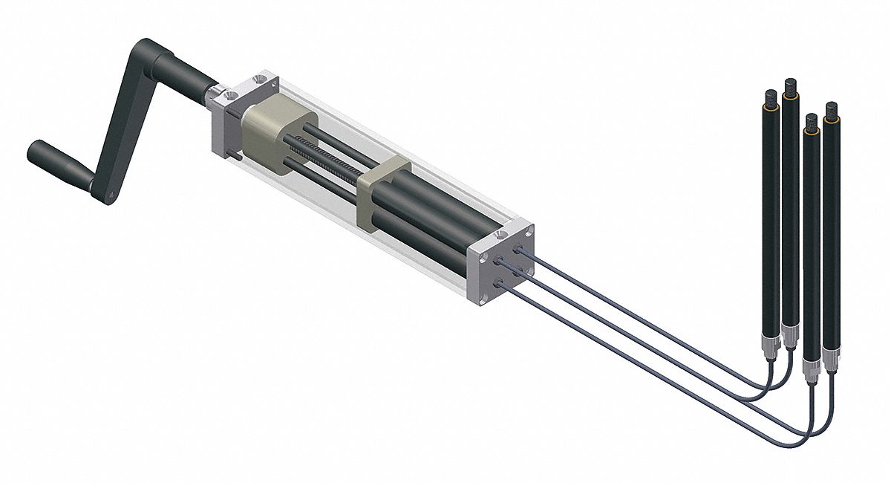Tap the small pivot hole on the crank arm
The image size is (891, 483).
tap(109, 196)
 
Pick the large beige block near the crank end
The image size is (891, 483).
tap(271, 137)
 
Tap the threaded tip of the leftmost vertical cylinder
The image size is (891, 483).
tap(771, 97)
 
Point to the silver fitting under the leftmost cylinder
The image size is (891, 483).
tap(770, 346)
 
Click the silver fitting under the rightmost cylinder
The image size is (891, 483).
tap(829, 364)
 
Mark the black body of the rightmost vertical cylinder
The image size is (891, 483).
tap(831, 238)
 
